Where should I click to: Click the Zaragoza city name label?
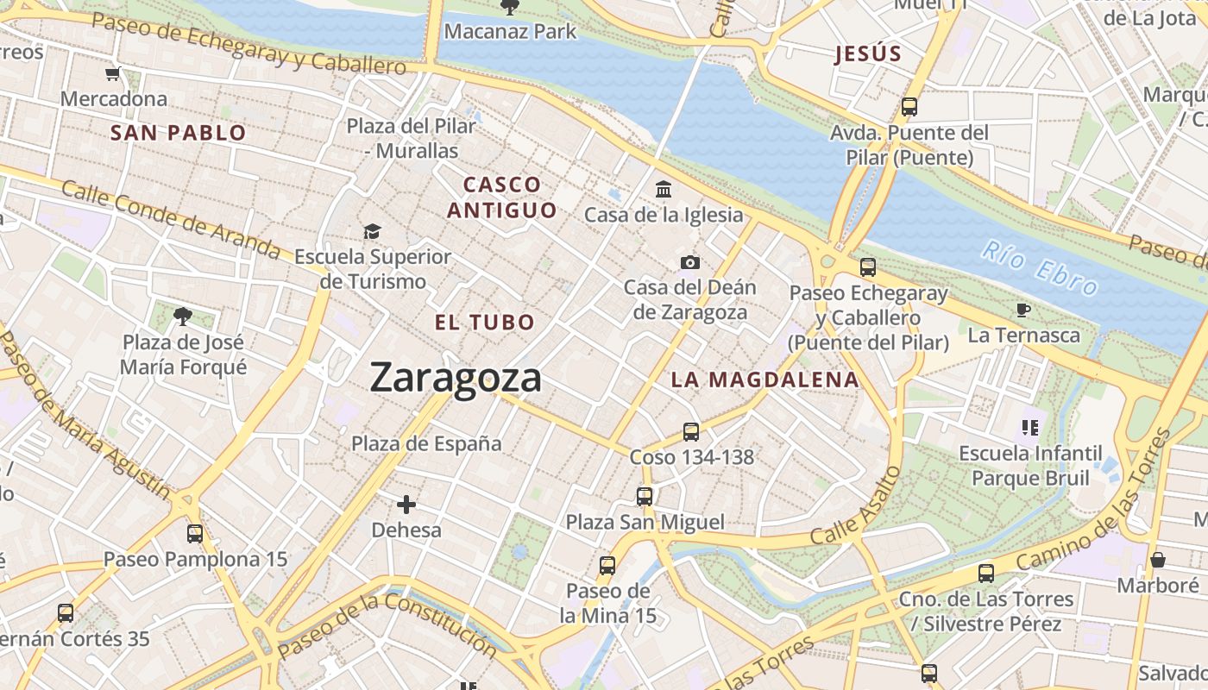click(x=456, y=378)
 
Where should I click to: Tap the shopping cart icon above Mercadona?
click(x=112, y=74)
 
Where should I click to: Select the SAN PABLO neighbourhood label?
click(x=179, y=133)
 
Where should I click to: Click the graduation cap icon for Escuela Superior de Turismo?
click(x=372, y=231)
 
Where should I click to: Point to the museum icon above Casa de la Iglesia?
click(x=664, y=189)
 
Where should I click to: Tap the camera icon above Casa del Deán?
click(x=689, y=262)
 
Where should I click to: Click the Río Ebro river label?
click(x=1040, y=269)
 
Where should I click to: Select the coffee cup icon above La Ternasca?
click(x=1023, y=310)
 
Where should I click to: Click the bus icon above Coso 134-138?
click(x=691, y=431)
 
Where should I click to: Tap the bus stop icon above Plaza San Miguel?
click(x=645, y=496)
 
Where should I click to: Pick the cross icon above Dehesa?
click(x=406, y=504)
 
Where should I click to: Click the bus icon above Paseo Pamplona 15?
click(x=195, y=533)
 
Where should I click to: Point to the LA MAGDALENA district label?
click(x=764, y=379)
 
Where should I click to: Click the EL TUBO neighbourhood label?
click(x=485, y=323)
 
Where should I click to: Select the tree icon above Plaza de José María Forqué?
click(x=182, y=317)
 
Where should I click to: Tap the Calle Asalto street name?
click(x=857, y=507)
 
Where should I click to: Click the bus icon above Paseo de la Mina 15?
click(x=607, y=566)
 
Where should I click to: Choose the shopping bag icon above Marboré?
click(x=1158, y=560)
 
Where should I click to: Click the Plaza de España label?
click(x=426, y=443)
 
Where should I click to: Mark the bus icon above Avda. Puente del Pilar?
click(x=909, y=107)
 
